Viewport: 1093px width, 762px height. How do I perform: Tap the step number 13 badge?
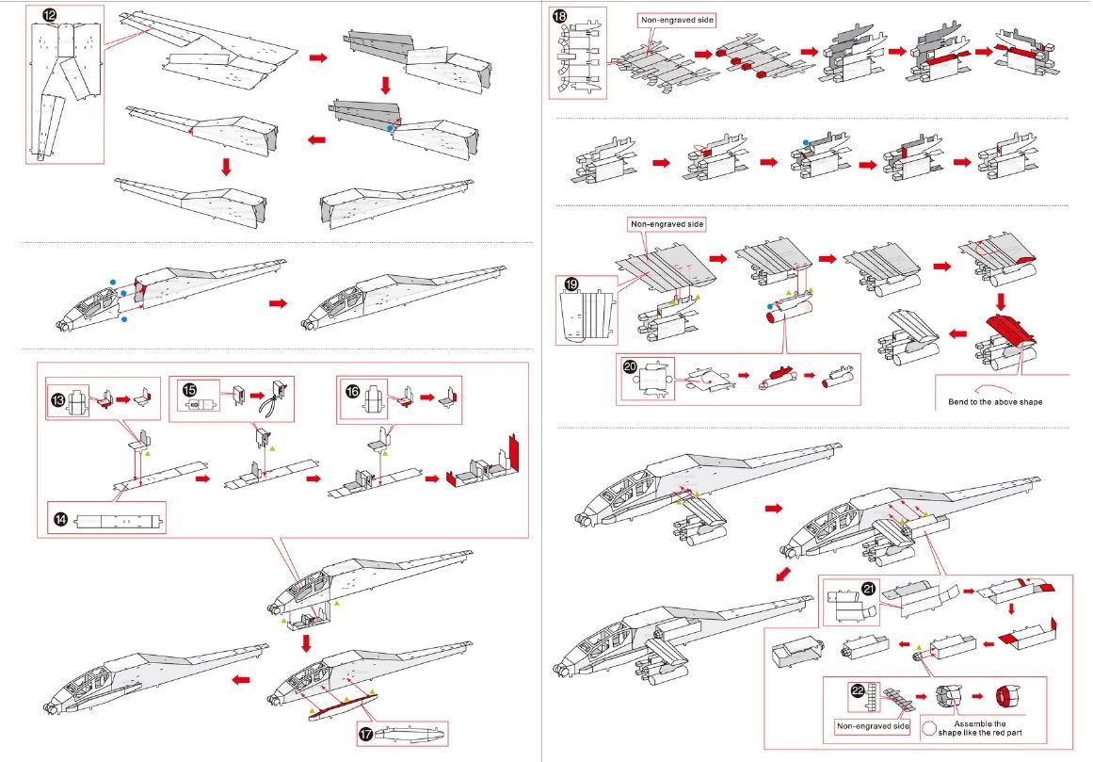(x=57, y=400)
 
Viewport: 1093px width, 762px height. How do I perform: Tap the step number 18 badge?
(x=560, y=17)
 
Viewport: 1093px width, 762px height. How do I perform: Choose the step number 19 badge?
(x=571, y=284)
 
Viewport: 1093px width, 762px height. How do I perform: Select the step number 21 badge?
(x=868, y=590)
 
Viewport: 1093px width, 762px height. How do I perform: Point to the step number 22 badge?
(x=858, y=691)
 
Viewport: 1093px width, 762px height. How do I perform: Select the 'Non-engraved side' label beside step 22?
(x=873, y=726)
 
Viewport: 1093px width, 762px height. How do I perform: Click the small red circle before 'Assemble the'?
(x=929, y=728)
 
